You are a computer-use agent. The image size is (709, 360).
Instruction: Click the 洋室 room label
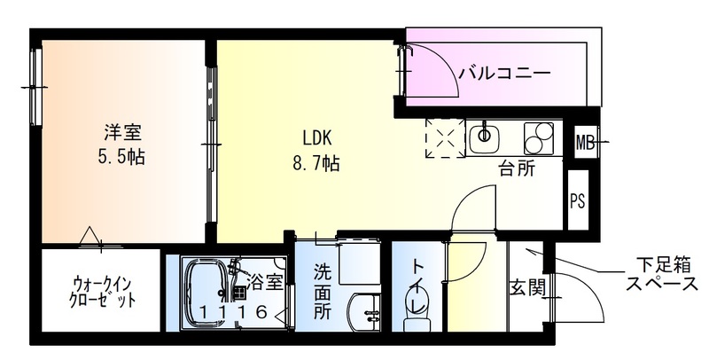pyautogui.click(x=122, y=134)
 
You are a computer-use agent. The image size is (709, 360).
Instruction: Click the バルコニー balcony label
pyautogui.click(x=503, y=73)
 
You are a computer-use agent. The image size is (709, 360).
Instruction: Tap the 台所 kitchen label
pyautogui.click(x=516, y=168)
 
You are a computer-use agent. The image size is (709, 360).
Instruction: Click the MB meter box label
pyautogui.click(x=585, y=141)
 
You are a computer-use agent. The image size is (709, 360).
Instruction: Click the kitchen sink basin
pyautogui.click(x=484, y=136)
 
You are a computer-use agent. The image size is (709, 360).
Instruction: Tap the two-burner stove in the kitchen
pyautogui.click(x=538, y=137)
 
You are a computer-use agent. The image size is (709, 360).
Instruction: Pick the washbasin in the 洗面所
pyautogui.click(x=364, y=311)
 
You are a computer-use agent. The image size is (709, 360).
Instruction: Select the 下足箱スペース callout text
pyautogui.click(x=660, y=274)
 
